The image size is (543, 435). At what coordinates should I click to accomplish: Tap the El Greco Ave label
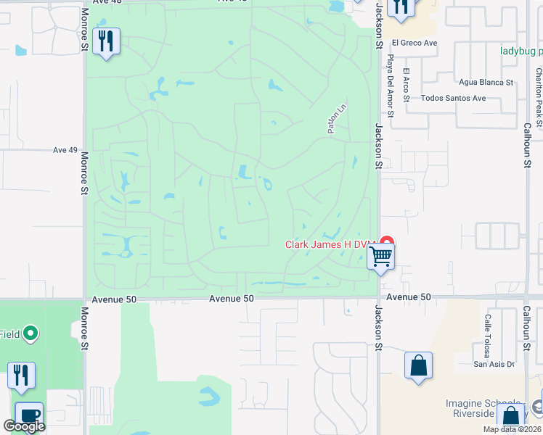(414, 43)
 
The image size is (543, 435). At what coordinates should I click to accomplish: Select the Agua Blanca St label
(486, 83)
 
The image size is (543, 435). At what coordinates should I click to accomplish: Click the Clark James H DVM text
(328, 245)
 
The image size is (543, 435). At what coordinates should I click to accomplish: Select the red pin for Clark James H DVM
(387, 243)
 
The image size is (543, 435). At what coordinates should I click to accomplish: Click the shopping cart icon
(380, 257)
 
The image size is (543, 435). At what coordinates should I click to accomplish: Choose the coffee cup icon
(29, 415)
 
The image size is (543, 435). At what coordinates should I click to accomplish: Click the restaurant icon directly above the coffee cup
(21, 375)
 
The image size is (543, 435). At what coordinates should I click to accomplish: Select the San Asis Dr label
(494, 364)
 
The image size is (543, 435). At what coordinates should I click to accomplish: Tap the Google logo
(24, 427)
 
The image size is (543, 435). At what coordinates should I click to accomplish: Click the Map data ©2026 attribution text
(512, 429)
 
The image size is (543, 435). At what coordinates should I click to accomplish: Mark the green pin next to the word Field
(30, 333)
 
